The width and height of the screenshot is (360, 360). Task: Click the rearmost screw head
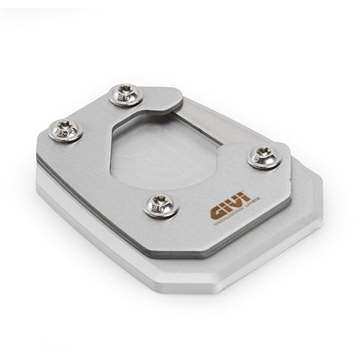[126, 94]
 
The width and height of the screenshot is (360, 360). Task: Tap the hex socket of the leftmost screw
[65, 130]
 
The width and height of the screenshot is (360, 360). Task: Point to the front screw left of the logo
[161, 205]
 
